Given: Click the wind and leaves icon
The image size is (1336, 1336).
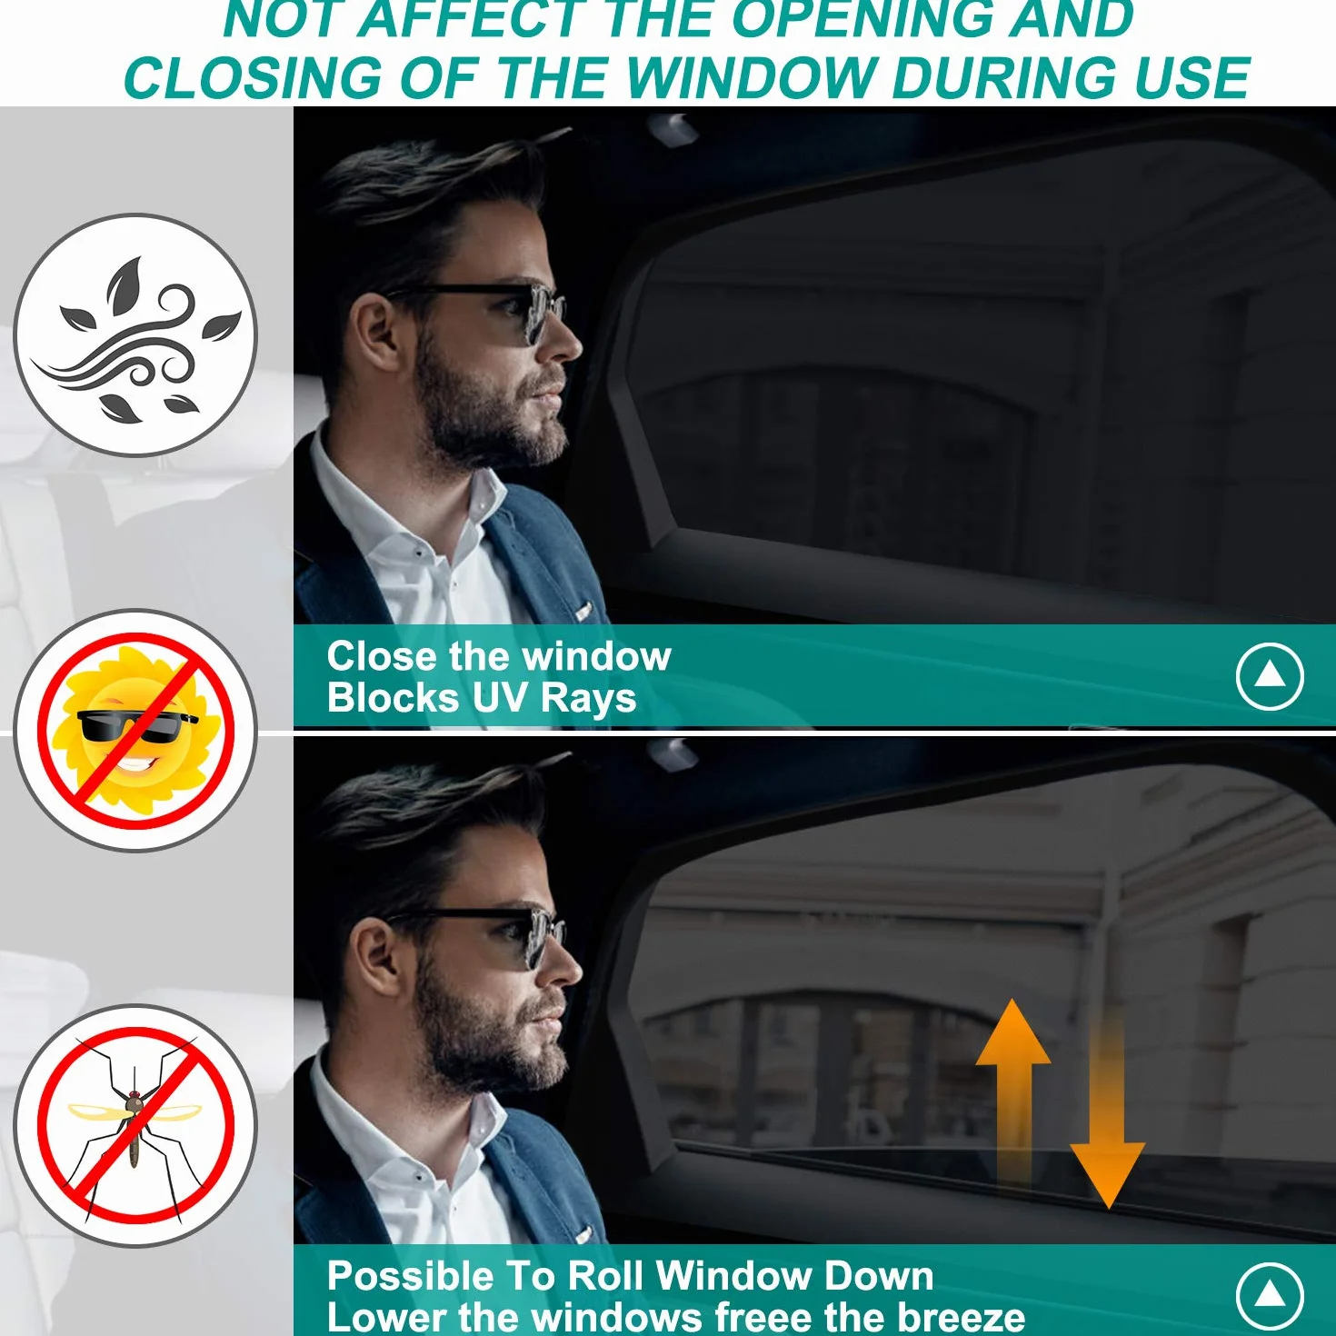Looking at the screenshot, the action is point(135,334).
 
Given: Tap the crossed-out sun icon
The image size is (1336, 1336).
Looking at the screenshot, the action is point(135,731).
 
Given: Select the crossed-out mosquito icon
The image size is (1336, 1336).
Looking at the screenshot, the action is point(135,1125).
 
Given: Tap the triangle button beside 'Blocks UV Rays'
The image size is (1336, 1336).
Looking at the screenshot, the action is point(1270,676).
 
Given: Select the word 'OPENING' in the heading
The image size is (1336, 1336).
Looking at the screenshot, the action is point(861,18).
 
